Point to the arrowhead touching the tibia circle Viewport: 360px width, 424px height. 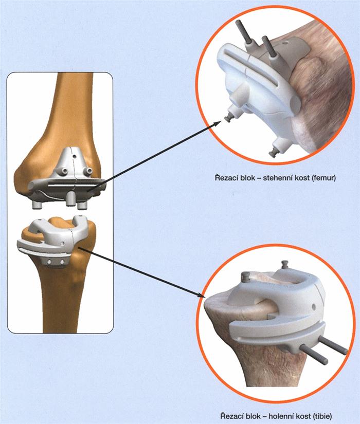pos(202,295)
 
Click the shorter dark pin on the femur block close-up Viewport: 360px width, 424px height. pos(269,46)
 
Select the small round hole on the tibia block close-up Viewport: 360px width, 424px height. pos(314,307)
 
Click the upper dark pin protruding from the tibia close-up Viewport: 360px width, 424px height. pos(333,344)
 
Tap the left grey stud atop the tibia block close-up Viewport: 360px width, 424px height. pos(245,276)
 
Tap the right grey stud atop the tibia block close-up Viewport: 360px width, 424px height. pos(284,264)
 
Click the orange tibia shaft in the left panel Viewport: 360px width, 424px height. pos(60,298)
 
